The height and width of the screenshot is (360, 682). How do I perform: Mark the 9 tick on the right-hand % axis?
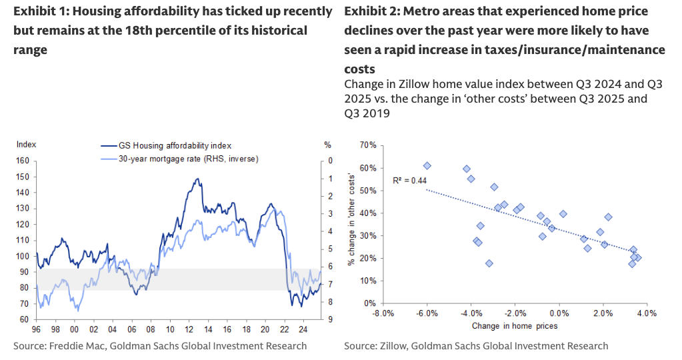(x=327, y=319)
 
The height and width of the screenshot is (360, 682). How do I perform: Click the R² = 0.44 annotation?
(x=410, y=180)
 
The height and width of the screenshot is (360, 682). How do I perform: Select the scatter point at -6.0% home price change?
(x=427, y=166)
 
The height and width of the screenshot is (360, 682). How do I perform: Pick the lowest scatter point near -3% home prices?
(x=489, y=263)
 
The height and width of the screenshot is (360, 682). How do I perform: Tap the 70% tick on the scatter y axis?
(x=368, y=145)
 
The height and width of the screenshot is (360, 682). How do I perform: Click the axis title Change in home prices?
(x=515, y=326)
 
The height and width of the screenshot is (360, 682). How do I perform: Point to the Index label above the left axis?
(x=26, y=144)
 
